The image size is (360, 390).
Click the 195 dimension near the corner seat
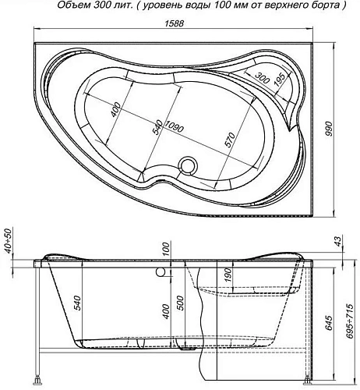tap(279, 81)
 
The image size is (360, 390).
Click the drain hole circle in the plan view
tap(188, 165)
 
